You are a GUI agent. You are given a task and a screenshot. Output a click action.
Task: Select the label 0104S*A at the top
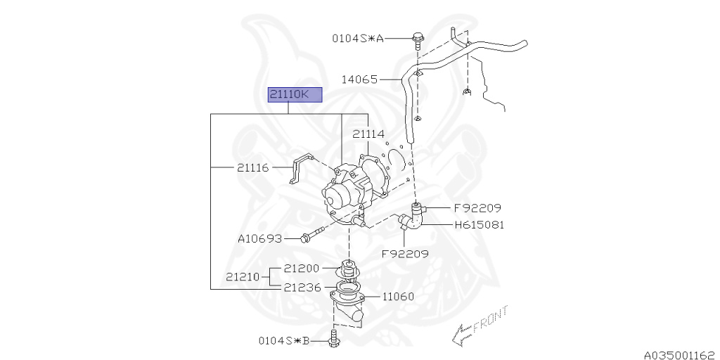tap(358, 39)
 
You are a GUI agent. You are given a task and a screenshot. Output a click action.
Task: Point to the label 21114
tap(368, 134)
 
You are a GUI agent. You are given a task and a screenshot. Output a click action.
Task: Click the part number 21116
tap(252, 167)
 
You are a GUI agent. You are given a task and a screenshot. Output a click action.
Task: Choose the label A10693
tap(259, 239)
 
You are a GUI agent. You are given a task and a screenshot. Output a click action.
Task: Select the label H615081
tap(480, 225)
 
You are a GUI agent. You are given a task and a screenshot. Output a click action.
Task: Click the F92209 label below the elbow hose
tap(405, 253)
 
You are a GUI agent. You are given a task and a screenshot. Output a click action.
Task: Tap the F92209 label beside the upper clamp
tap(477, 208)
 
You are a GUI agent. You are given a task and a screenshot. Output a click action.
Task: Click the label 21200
tap(302, 268)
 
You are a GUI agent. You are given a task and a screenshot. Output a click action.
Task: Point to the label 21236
tap(302, 287)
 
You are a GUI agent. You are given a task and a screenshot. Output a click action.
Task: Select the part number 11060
tap(398, 296)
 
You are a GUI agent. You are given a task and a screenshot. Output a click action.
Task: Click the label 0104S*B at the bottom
tap(283, 341)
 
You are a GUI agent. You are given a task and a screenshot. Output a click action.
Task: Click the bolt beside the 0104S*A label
tap(417, 39)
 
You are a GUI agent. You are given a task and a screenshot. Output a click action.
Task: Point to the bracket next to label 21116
tap(302, 169)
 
